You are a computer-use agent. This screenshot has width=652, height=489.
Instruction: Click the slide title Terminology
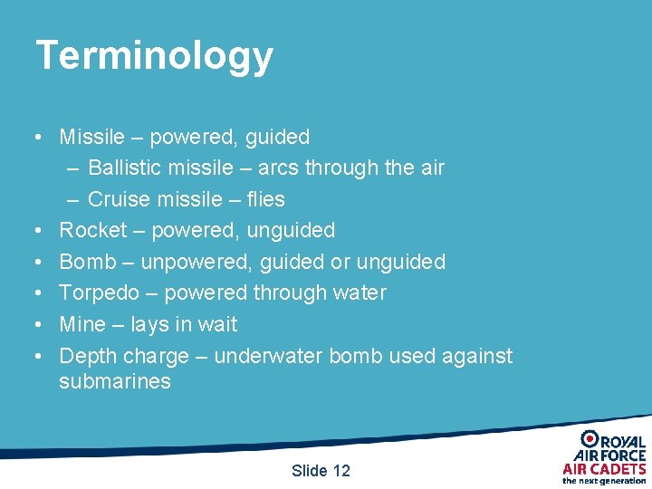pos(154,56)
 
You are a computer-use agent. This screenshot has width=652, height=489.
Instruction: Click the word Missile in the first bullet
pos(91,138)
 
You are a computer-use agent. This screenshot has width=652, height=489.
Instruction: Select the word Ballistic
pos(124,168)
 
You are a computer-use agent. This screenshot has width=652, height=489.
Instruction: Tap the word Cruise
pos(118,199)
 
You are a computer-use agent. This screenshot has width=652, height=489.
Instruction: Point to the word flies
pos(265,199)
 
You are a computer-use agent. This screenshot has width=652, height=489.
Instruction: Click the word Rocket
pos(92,231)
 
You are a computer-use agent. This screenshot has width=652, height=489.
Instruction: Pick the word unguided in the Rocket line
pos(293,231)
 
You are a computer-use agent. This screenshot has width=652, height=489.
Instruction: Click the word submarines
pos(114,381)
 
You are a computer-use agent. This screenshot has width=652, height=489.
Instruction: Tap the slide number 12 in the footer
pos(340,471)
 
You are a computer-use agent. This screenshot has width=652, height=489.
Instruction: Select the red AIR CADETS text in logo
pos(604,468)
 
